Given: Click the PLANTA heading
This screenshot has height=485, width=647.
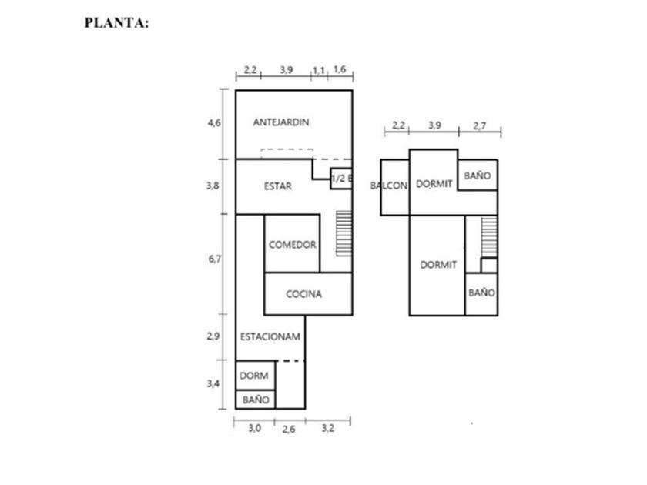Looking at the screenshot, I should point(116,23).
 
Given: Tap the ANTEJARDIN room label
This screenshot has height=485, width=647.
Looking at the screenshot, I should point(281,122).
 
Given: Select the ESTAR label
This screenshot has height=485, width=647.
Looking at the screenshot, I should point(277,186).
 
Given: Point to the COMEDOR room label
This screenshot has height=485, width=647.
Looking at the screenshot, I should point(293,245).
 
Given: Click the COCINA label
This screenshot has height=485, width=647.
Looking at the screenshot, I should point(303,293).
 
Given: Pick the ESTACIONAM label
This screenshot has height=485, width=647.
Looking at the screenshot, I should point(270,336).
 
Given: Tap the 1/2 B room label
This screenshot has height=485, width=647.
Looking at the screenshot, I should point(341,179).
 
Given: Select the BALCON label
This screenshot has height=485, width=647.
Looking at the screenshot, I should point(388,186).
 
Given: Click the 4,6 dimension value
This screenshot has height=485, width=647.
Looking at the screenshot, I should point(215,122).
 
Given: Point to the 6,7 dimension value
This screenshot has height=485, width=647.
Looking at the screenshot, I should point(215,259).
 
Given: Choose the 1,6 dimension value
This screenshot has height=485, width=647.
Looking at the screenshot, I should point(340,70).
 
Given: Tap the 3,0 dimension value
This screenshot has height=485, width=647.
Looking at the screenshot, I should point(254,428).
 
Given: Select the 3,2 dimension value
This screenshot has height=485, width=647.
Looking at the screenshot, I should point(327,428).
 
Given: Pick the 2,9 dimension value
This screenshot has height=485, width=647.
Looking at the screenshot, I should point(215,336).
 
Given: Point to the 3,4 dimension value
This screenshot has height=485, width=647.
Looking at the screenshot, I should point(215,383).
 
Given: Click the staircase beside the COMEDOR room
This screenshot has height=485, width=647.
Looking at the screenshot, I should point(344,232).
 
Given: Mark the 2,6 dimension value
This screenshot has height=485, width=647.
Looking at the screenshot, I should point(288,430).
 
